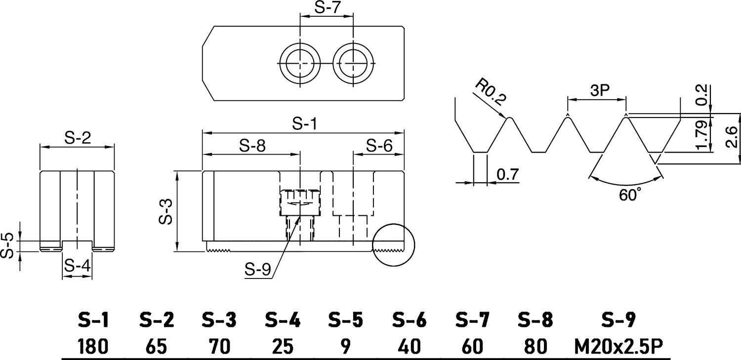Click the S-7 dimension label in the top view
point(327,8)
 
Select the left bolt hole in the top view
point(299,64)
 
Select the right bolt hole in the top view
point(353,64)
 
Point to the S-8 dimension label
point(252,146)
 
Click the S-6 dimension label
point(379,146)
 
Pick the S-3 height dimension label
point(166,211)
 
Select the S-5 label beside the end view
point(6,246)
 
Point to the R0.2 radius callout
point(490,92)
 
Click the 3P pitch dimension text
point(597,90)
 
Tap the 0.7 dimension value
point(507,174)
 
